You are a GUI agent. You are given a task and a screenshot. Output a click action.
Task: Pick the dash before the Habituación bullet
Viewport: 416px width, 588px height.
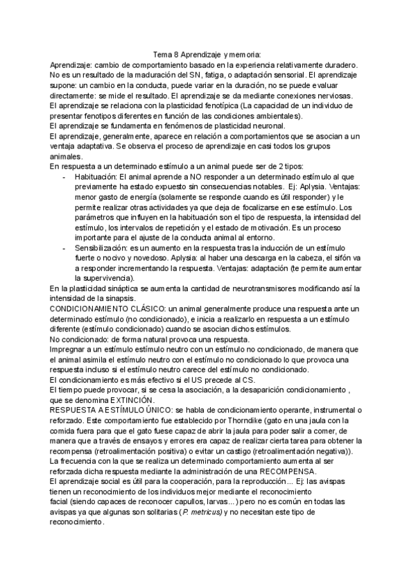64,178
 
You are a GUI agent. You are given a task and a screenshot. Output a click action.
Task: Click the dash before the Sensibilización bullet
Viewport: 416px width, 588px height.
64,247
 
